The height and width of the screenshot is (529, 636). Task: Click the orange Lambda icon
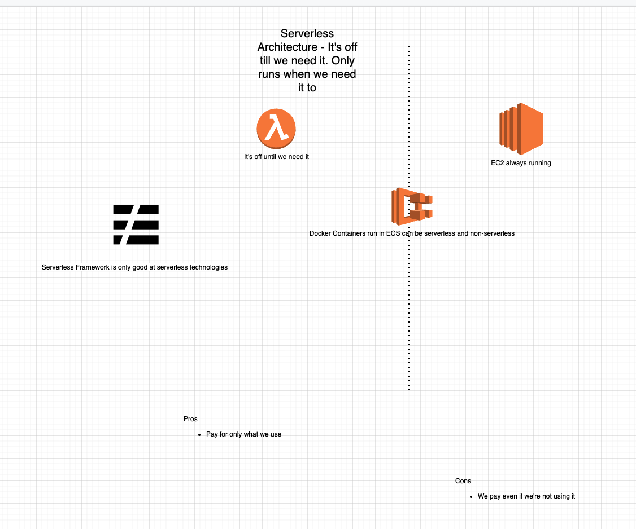[x=276, y=129]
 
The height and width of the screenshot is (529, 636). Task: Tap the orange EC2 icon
[x=521, y=129]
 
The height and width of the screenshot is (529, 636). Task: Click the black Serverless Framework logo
[x=136, y=224]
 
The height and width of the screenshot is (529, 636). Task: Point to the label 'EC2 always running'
[x=521, y=163]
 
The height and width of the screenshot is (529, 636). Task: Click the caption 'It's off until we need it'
[x=276, y=157]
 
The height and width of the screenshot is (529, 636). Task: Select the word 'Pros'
[x=190, y=419]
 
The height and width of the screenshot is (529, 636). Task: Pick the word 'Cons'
[x=463, y=481]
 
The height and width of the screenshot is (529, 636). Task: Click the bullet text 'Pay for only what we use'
[x=243, y=434]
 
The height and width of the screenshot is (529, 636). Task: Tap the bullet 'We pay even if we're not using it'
[x=526, y=496]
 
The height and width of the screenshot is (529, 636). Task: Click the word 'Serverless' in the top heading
[x=307, y=34]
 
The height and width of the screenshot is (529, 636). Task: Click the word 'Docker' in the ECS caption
[x=320, y=233]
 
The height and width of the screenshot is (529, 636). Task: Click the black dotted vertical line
[x=409, y=310]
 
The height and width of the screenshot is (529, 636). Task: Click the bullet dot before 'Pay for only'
[x=200, y=435]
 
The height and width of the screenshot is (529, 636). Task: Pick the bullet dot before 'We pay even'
[x=471, y=497]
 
